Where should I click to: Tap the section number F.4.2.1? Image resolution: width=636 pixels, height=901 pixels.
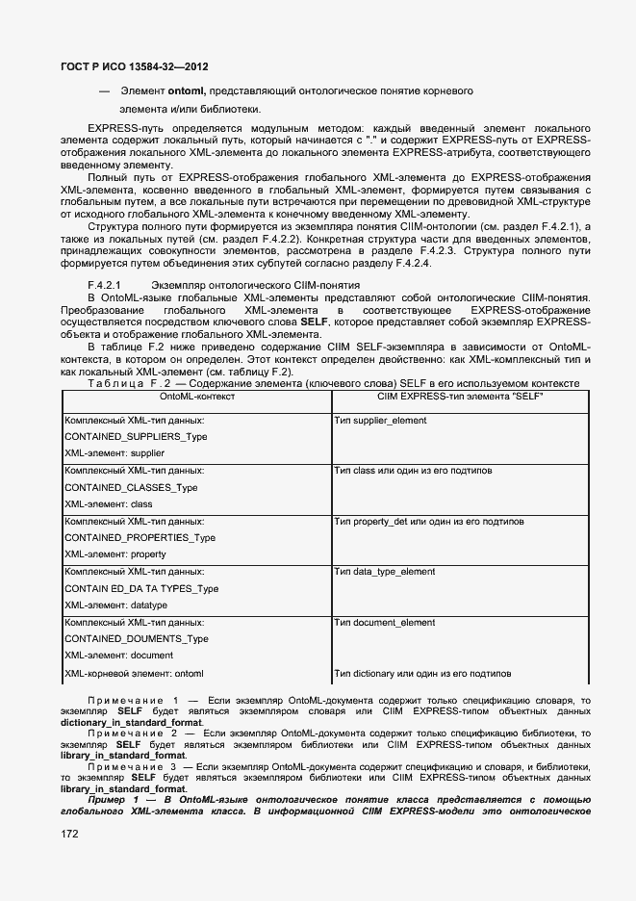point(103,285)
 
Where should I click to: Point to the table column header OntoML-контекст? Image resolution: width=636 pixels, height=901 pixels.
point(196,397)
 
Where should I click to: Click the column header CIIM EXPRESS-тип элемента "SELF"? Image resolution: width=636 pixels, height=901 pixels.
point(460,397)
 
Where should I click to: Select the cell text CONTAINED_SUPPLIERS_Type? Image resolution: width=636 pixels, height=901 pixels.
point(136,436)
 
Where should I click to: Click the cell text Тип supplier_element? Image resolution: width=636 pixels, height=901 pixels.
point(381,421)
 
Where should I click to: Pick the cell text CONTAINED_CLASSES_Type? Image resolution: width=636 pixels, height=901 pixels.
point(131,487)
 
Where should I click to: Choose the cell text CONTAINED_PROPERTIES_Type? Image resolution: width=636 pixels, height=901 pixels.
point(140,537)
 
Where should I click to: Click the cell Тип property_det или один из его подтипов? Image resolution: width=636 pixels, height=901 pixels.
point(428,522)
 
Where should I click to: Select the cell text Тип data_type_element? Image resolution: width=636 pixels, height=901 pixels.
point(384,572)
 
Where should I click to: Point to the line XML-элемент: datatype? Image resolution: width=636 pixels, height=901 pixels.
point(115,605)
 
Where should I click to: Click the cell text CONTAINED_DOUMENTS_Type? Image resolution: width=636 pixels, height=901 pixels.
point(136,638)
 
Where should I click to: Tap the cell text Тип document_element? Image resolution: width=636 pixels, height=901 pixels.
point(384,623)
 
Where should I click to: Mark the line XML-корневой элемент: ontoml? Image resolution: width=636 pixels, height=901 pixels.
point(134,673)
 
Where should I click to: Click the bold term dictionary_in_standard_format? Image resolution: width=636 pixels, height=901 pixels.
point(131,721)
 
